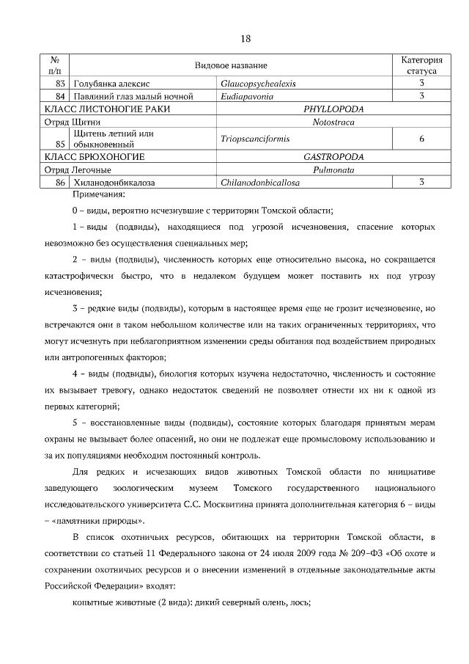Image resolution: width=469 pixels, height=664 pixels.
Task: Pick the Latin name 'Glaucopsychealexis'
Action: point(258,84)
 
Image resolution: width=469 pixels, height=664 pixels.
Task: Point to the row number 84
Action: point(62,96)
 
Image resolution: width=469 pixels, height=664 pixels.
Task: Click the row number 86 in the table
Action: point(62,180)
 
